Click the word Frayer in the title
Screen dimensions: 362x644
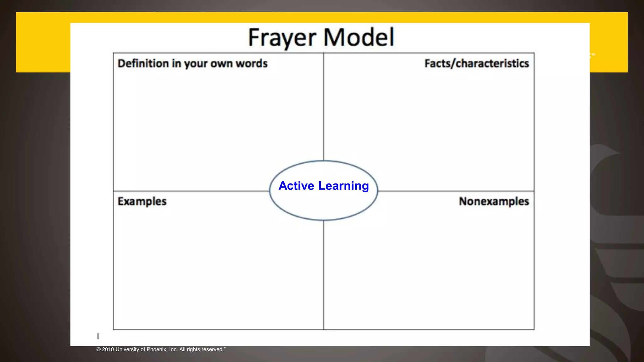pyautogui.click(x=282, y=38)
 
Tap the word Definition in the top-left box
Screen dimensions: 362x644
pyautogui.click(x=143, y=63)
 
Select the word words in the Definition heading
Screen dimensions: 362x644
pyautogui.click(x=252, y=63)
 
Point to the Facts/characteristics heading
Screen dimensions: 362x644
pyautogui.click(x=476, y=63)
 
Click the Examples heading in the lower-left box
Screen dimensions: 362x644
pyautogui.click(x=142, y=201)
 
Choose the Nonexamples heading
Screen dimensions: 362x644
pyautogui.click(x=494, y=201)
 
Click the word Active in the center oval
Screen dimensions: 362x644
pyautogui.click(x=296, y=186)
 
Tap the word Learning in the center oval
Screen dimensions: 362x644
pyautogui.click(x=343, y=186)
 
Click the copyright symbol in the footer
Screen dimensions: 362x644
pyautogui.click(x=98, y=349)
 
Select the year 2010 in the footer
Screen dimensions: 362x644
pyautogui.click(x=108, y=349)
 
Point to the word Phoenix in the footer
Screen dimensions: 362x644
pyautogui.click(x=157, y=349)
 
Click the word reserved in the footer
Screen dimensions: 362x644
pyautogui.click(x=212, y=349)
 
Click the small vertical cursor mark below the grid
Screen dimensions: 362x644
pyautogui.click(x=98, y=336)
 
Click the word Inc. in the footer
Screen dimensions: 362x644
pyautogui.click(x=173, y=349)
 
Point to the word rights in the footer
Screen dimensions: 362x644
pyautogui.click(x=193, y=349)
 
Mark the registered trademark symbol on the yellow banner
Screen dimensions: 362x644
pyautogui.click(x=593, y=55)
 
